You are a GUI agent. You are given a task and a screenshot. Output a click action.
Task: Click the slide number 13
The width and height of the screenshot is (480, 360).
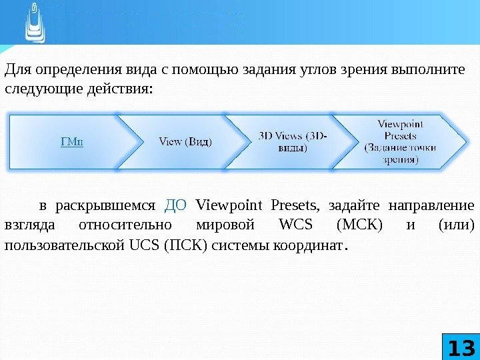pyautogui.click(x=461, y=347)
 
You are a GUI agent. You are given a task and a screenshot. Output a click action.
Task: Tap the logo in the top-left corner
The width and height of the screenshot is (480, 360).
pyautogui.click(x=34, y=23)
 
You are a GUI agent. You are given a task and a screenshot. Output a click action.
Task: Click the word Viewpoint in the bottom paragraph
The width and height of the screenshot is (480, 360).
pyautogui.click(x=231, y=203)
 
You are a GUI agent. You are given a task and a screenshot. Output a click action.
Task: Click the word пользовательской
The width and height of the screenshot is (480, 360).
pyautogui.click(x=64, y=246)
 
